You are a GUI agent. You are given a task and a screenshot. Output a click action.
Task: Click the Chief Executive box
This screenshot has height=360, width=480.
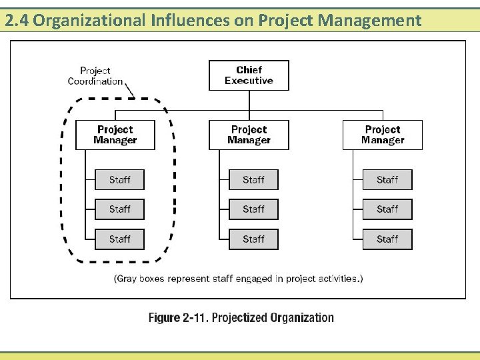(x=249, y=75)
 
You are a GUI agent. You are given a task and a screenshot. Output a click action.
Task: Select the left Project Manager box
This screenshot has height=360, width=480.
(x=115, y=135)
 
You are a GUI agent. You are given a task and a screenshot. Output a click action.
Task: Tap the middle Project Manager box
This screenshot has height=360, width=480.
(x=249, y=135)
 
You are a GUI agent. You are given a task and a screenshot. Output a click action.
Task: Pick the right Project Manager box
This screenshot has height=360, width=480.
(x=383, y=135)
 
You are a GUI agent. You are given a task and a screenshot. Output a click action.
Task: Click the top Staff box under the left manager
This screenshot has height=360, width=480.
(x=119, y=180)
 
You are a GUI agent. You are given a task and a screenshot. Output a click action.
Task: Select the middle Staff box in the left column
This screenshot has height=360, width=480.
(x=119, y=209)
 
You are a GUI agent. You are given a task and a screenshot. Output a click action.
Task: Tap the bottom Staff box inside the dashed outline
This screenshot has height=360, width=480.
(x=119, y=239)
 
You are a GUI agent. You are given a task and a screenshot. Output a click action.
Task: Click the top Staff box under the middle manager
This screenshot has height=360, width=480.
(x=253, y=180)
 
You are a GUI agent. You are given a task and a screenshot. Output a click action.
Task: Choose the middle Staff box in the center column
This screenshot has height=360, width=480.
(x=253, y=209)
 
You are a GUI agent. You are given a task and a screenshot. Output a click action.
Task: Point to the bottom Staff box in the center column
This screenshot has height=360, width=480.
(x=253, y=239)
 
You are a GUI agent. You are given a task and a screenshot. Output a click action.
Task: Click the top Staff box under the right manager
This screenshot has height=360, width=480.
(x=387, y=180)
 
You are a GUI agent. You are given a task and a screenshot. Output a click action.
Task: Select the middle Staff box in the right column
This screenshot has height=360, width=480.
(x=387, y=209)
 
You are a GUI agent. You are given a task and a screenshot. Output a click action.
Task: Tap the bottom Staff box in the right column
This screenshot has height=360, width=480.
(x=387, y=239)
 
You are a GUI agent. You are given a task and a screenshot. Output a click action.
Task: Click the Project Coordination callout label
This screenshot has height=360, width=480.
(x=95, y=76)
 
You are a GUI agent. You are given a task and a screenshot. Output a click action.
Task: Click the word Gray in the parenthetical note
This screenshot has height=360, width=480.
(x=128, y=279)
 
